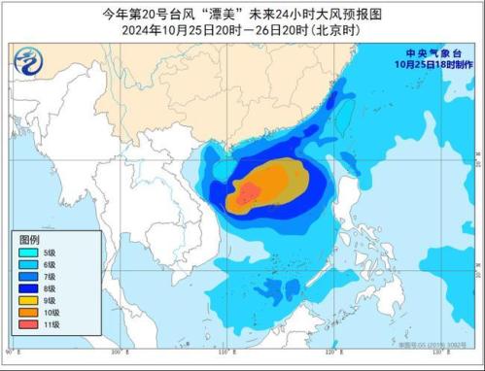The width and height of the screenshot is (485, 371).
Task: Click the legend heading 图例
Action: (x=29, y=238)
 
